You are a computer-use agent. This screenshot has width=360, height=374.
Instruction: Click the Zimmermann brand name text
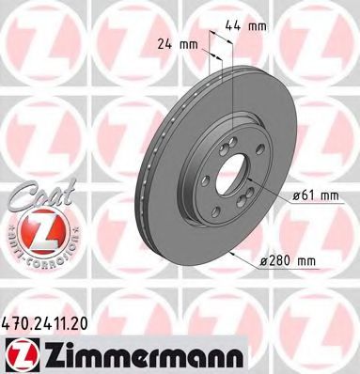tap(116, 355)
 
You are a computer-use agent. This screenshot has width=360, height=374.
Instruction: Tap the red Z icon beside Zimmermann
tap(20, 354)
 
